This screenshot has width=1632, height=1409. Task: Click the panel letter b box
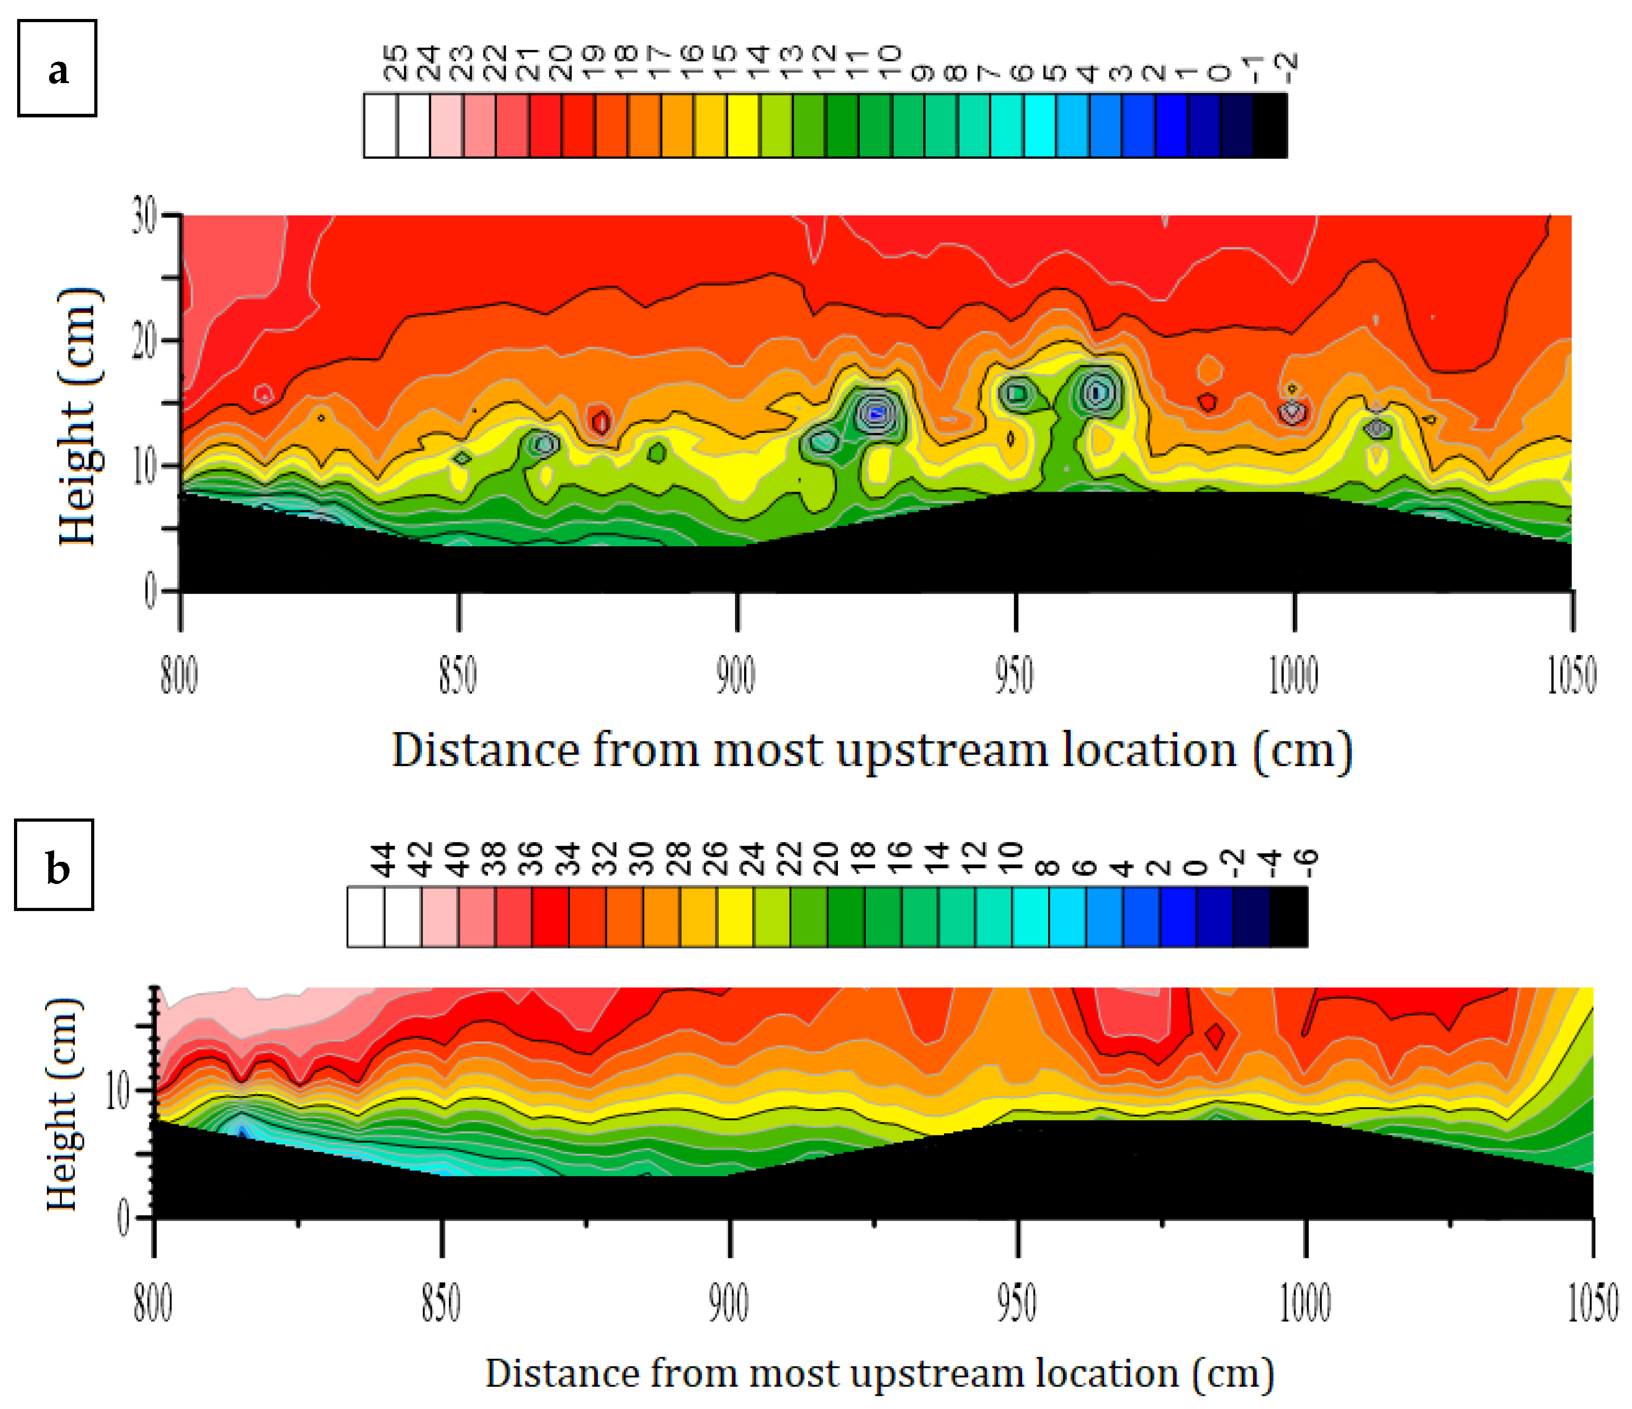click(54, 866)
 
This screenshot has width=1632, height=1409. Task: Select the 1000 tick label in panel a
click(1293, 675)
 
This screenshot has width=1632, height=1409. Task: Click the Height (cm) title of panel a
click(79, 416)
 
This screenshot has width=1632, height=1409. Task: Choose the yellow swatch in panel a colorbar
click(743, 126)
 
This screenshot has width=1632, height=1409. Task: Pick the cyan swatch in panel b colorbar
click(1030, 916)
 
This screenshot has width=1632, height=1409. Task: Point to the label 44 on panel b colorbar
click(384, 859)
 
